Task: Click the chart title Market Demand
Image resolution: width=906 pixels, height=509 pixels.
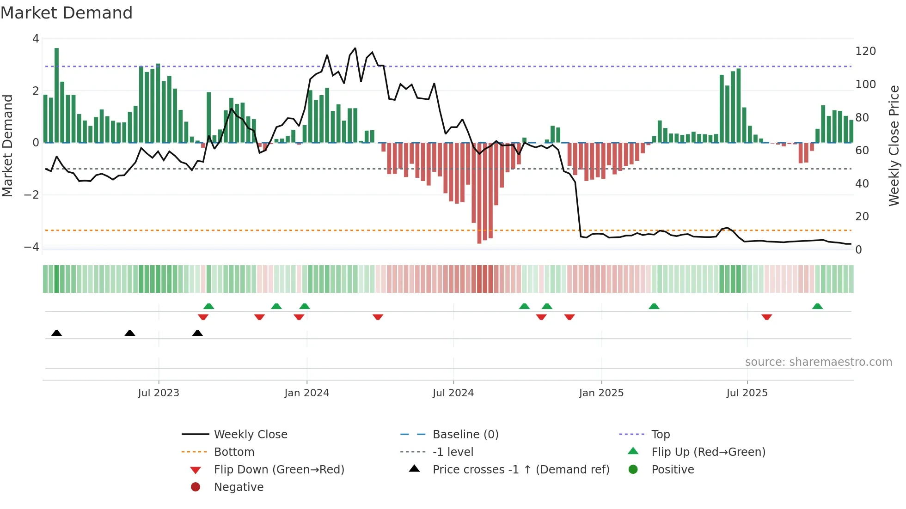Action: click(x=67, y=13)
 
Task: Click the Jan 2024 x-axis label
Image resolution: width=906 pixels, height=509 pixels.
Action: click(x=306, y=393)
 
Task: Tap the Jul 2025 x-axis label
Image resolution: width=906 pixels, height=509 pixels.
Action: click(x=747, y=393)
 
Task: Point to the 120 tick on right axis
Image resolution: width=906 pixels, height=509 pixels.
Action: click(x=865, y=51)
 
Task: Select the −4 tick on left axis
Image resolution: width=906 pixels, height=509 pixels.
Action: click(x=31, y=247)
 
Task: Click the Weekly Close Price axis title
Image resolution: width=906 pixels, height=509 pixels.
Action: click(x=894, y=145)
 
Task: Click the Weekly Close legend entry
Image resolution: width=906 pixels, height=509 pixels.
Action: click(x=250, y=435)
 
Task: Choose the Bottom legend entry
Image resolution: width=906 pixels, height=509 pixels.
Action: click(x=234, y=452)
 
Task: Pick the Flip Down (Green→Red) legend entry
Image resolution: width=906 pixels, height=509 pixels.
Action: click(x=279, y=470)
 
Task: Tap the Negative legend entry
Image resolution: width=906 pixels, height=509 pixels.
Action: click(x=239, y=487)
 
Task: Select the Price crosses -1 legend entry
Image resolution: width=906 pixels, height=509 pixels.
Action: click(x=520, y=470)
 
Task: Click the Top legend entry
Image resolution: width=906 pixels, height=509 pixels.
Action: click(x=660, y=435)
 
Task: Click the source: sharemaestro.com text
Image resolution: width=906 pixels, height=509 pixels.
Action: click(x=818, y=362)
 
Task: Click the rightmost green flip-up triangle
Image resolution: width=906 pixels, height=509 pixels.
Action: click(x=817, y=306)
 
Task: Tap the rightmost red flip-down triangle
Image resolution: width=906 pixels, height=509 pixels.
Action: click(x=766, y=317)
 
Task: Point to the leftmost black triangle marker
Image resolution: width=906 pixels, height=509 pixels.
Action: click(x=56, y=333)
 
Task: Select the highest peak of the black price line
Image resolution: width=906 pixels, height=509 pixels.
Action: click(x=355, y=48)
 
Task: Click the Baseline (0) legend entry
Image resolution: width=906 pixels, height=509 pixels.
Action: click(x=465, y=435)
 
